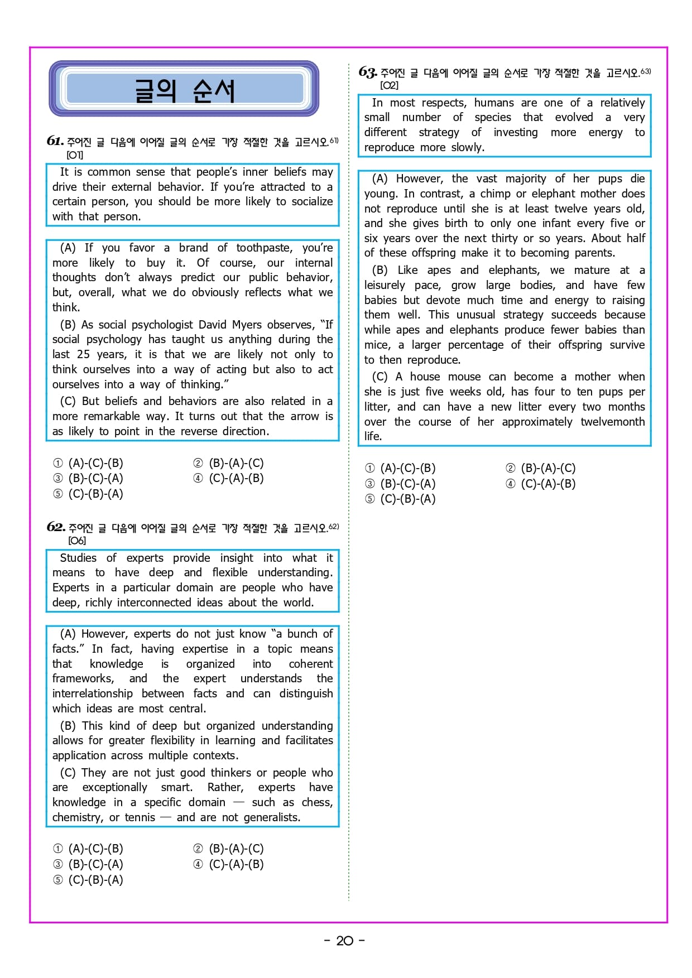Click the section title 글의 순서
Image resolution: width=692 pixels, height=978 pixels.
click(184, 90)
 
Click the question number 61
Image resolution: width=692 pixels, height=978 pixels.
click(55, 141)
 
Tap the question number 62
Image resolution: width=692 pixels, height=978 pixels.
click(55, 527)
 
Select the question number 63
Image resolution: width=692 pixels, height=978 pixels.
click(367, 72)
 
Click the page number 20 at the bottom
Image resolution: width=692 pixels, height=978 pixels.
click(344, 941)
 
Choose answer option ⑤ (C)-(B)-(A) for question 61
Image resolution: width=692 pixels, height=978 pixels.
click(88, 494)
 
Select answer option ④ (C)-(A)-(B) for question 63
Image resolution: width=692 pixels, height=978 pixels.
click(540, 484)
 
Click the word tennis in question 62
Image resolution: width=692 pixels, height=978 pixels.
click(140, 817)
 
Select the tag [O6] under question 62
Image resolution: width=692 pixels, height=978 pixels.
click(76, 541)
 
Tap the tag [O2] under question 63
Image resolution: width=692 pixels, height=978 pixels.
click(389, 85)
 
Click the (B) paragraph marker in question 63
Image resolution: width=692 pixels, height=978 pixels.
click(379, 270)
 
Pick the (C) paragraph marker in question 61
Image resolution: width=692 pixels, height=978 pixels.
click(68, 401)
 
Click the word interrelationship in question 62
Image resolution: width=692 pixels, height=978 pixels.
click(92, 693)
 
